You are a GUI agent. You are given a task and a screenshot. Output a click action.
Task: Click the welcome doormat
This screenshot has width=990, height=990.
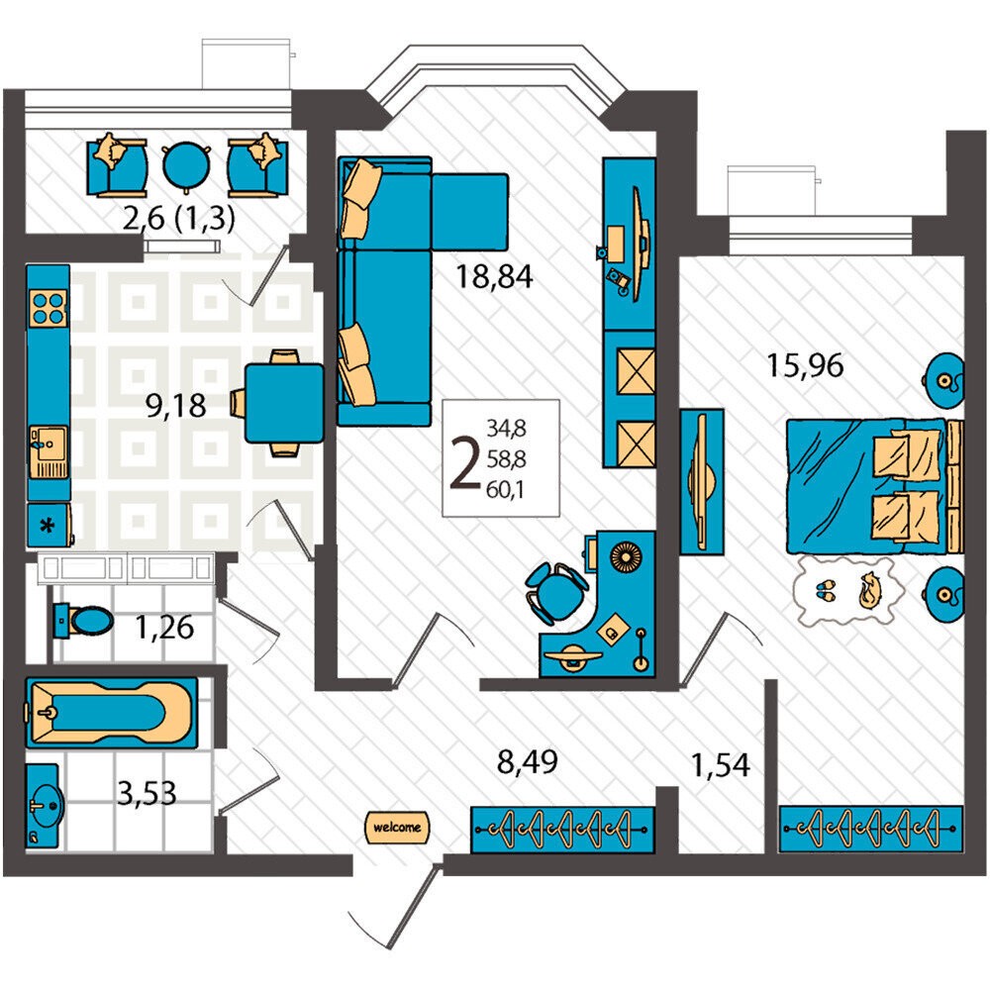[x=397, y=827]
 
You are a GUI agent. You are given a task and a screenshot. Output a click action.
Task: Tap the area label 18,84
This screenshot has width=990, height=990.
[x=494, y=276]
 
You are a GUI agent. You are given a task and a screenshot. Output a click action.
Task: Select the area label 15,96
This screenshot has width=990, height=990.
[x=805, y=365]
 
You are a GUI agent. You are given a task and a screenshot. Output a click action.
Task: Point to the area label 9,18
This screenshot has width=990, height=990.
[x=175, y=405]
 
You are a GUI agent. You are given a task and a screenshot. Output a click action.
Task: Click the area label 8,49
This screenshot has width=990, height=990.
[x=528, y=762]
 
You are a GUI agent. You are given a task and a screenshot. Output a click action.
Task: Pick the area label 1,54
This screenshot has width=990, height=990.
[x=721, y=764]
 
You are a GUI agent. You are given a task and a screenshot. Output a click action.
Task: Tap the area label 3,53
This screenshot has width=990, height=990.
[x=147, y=794]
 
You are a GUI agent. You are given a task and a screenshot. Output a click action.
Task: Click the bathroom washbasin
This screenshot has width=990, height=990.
[x=45, y=806]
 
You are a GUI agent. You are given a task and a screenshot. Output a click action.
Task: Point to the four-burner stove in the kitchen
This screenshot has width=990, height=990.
[x=49, y=309]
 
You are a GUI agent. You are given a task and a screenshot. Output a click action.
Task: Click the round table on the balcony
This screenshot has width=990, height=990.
[x=186, y=165]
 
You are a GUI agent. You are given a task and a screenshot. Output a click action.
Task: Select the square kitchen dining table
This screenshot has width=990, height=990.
[x=284, y=403]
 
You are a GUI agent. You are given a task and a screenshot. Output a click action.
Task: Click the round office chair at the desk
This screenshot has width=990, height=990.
[x=555, y=593]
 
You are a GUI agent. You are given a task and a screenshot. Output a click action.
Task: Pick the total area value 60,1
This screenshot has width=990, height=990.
[x=506, y=489]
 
